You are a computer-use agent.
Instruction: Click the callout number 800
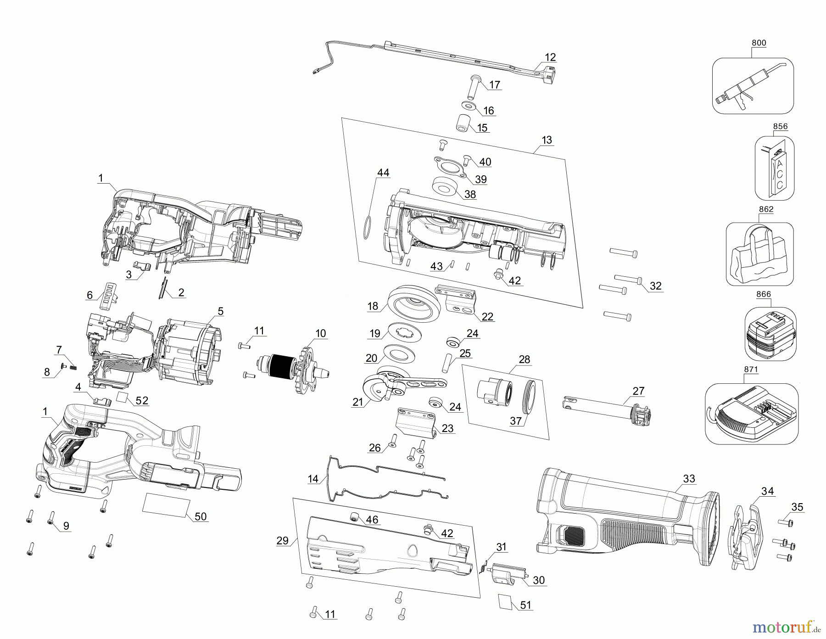tap(759, 43)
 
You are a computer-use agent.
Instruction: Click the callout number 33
tap(689, 479)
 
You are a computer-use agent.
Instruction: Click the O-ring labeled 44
tap(367, 226)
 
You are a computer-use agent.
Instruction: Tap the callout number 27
tap(638, 391)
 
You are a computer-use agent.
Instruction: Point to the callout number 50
tap(201, 516)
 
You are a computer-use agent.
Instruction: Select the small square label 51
tap(506, 601)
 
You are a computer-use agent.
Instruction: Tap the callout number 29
tap(283, 541)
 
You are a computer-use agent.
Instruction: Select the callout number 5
tap(220, 312)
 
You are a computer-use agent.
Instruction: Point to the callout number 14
tap(313, 479)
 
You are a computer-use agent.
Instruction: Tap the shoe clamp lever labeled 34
tap(743, 535)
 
